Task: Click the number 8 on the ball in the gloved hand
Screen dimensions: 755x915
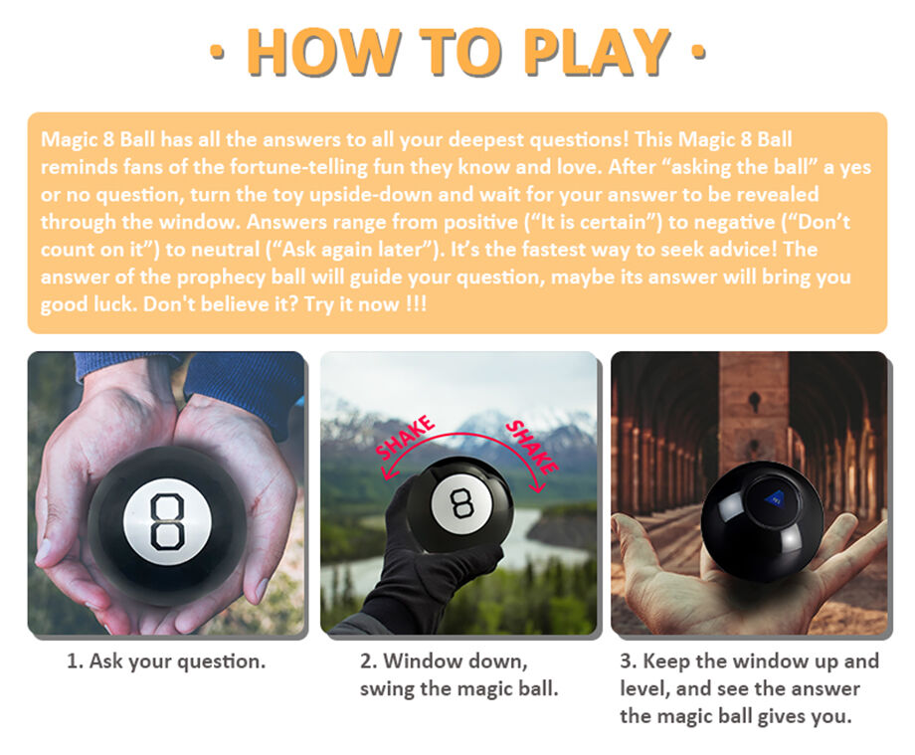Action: tap(461, 503)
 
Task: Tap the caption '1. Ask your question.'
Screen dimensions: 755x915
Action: tap(166, 661)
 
